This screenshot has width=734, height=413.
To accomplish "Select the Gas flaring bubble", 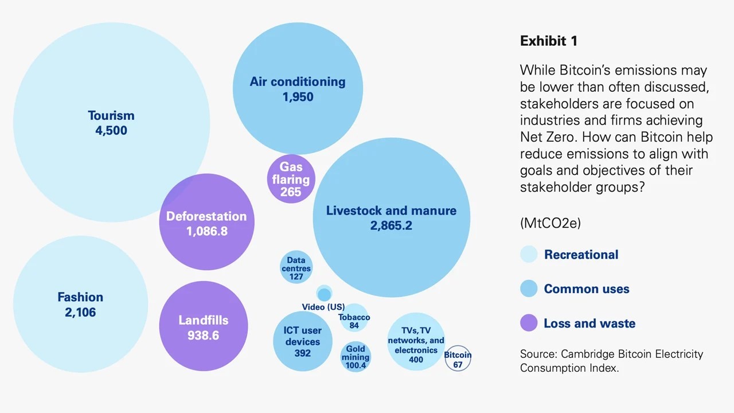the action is pos(291,179).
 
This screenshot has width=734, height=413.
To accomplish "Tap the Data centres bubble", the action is pos(296,267).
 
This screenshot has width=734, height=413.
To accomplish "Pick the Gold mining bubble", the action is pos(356,357).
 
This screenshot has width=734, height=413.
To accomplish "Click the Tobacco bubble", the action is pos(354,318).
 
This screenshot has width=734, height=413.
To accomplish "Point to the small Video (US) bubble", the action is pos(325,293).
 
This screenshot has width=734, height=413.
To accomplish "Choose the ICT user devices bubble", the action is pos(302,341).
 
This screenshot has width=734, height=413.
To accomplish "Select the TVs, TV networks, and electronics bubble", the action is pos(416,341).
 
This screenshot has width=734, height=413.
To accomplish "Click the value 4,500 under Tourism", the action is pos(111,130).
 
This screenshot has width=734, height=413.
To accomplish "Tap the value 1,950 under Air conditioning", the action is pos(298,97).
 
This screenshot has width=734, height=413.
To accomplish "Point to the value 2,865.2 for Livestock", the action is pos(391,225).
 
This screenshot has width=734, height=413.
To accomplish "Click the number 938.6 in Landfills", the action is pos(203,336).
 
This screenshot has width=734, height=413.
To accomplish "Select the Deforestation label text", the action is pos(206,216).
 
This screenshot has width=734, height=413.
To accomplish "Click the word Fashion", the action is pos(80,297).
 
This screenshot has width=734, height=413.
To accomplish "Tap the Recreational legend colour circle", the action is pos(529,254).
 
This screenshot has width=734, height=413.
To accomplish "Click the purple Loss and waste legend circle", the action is pos(529,323).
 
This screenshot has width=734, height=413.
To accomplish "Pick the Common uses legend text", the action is pos(587,289).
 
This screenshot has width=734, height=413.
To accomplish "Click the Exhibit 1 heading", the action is pos(549,41).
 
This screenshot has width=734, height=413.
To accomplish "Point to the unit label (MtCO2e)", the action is pos(550,223).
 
